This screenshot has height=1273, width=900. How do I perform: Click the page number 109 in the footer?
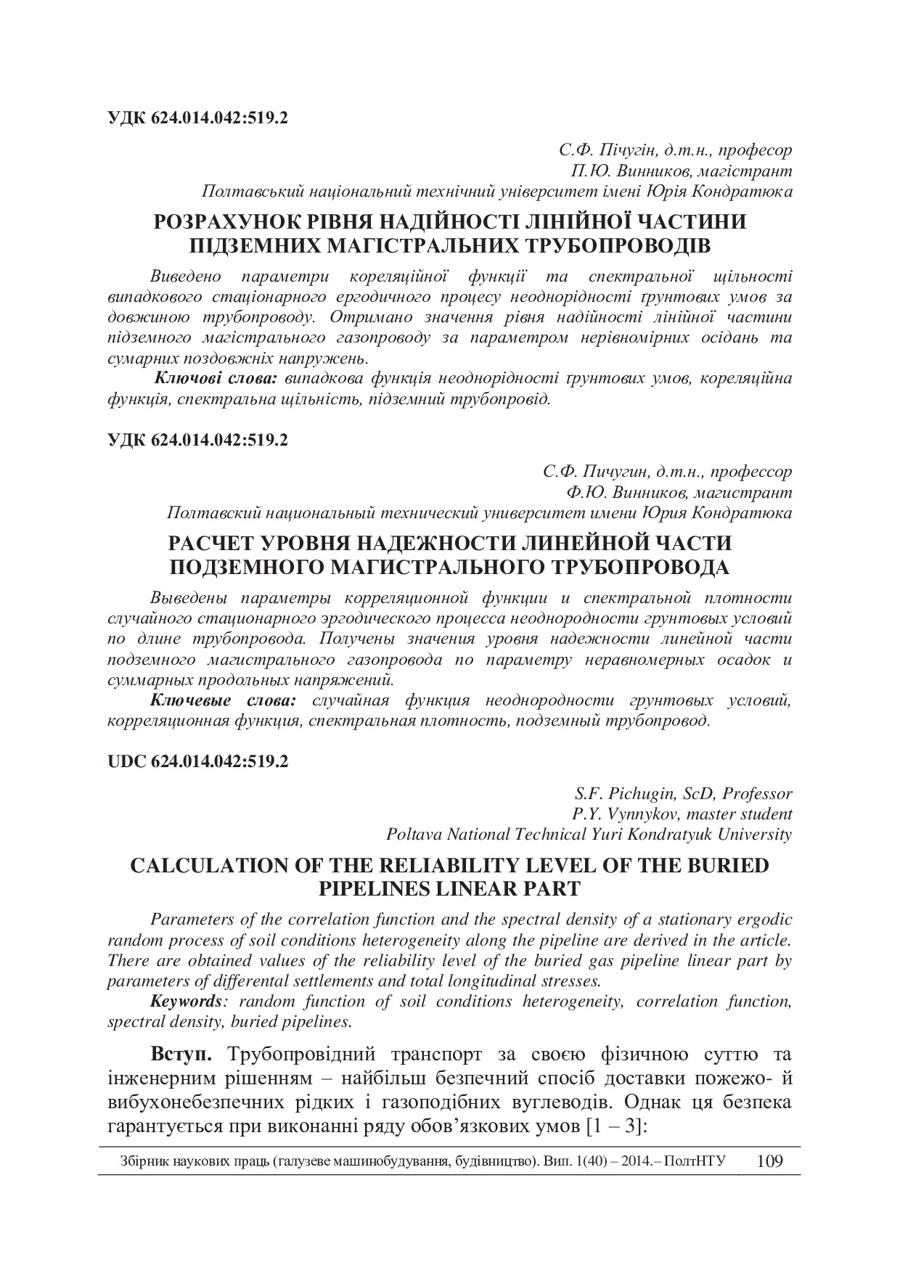coord(769,1162)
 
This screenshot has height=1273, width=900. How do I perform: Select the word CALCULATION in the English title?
coord(210,866)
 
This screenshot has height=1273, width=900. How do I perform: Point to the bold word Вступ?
coord(181,1053)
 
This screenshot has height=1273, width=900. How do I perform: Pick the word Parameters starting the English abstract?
coord(189,920)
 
